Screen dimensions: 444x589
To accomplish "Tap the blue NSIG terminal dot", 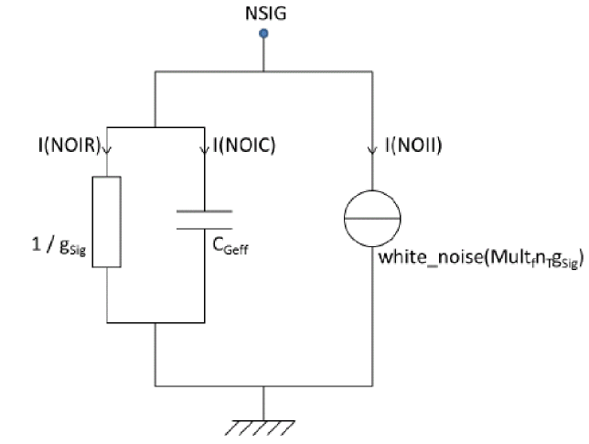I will tap(263, 35).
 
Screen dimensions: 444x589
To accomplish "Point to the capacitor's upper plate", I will tap(204, 211).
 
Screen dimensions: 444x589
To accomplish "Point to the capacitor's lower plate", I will tap(204, 226).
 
